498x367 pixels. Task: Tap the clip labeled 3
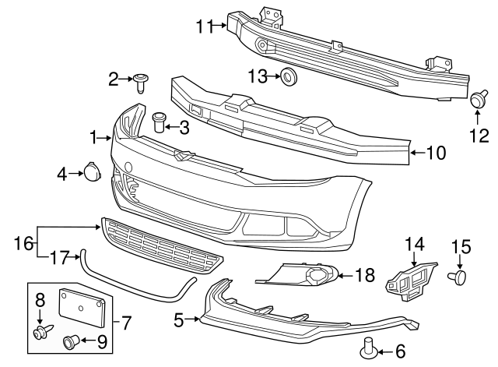[160, 122]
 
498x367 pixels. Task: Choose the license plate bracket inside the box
[82, 305]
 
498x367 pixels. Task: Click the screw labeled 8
[40, 333]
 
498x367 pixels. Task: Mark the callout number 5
[179, 319]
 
